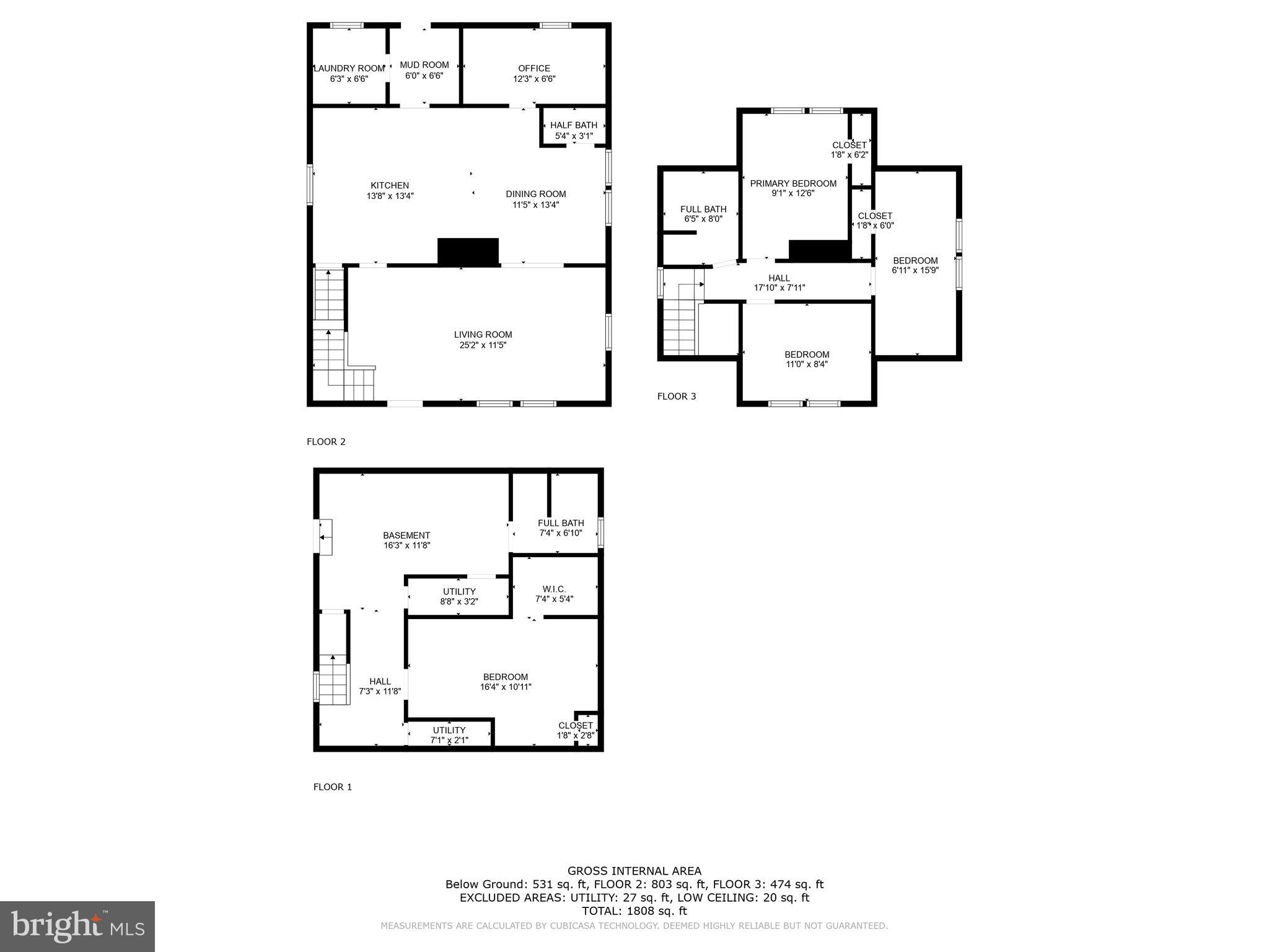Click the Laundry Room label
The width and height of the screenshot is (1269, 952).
tap(349, 68)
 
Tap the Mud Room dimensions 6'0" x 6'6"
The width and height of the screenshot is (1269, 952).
tap(424, 76)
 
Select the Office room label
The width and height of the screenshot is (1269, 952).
tap(534, 68)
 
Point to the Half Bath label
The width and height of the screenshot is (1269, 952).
tap(574, 125)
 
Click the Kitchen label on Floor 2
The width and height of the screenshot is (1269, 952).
tap(390, 185)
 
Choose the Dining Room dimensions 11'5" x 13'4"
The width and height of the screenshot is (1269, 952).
tap(535, 205)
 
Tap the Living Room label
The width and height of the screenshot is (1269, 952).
tap(483, 335)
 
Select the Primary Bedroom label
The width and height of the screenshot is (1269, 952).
tap(793, 183)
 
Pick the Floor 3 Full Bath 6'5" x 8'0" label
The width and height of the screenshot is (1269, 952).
tap(703, 214)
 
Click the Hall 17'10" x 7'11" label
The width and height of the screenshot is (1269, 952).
tap(779, 283)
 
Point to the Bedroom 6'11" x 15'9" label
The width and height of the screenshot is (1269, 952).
tap(915, 265)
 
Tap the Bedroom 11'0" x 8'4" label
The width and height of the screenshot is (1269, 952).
tap(807, 359)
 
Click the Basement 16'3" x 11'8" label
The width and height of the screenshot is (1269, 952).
tap(406, 540)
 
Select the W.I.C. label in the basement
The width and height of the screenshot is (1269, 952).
tap(554, 589)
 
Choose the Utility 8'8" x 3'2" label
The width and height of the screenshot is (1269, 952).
tap(459, 596)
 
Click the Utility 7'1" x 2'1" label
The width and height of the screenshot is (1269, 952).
tap(449, 735)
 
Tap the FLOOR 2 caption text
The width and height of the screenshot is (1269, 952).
tap(326, 442)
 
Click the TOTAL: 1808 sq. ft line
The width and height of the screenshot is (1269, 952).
tap(634, 911)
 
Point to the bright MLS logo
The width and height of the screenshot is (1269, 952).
tap(77, 926)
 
